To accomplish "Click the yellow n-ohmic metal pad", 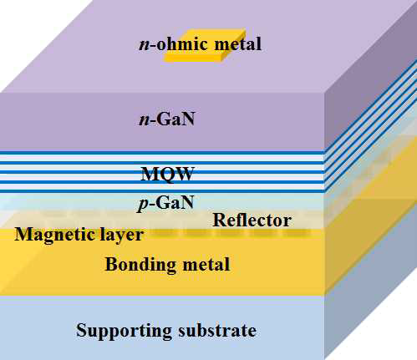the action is coord(205,45).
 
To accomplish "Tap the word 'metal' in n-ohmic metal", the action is coord(237,44).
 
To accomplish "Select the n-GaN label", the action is coord(167,119).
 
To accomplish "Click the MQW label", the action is coord(167,174).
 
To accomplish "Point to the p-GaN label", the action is coord(165,203).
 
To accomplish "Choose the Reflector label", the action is coord(252,220).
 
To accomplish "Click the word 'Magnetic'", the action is coord(52,234).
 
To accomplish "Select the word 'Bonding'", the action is coord(140,265).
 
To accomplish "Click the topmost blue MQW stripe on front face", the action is coord(161,153).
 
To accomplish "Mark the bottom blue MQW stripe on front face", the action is coord(161,191).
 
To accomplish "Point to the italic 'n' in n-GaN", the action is coord(144,120).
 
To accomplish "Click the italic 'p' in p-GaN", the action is coord(143,205).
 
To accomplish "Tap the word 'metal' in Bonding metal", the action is coord(206,264).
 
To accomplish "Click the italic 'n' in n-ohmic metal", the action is coord(145,45).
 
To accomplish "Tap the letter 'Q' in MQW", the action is coord(167,175).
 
